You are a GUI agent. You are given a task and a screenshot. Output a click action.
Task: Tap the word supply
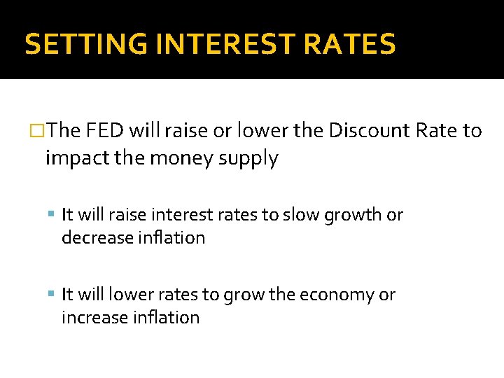248,159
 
